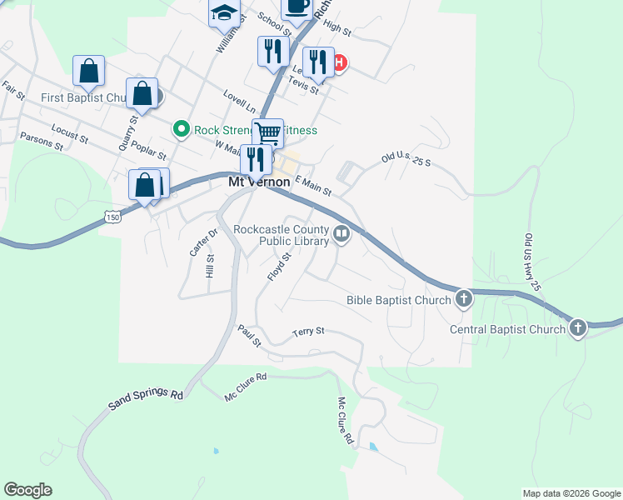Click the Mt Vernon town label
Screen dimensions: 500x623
tap(260, 182)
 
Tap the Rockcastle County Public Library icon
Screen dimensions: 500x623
tap(341, 236)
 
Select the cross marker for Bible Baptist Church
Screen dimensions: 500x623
tap(464, 299)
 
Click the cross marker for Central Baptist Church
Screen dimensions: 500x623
tap(578, 328)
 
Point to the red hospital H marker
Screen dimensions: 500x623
tap(339, 62)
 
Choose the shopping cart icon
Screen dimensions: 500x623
tap(267, 132)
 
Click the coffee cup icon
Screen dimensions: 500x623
tap(297, 7)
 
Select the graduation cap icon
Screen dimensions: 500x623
tap(223, 12)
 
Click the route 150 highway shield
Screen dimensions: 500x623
tap(112, 217)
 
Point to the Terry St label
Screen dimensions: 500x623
tap(308, 332)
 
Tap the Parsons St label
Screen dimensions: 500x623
tap(42, 141)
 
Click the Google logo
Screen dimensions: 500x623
tap(27, 490)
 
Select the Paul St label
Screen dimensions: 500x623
tap(249, 337)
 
